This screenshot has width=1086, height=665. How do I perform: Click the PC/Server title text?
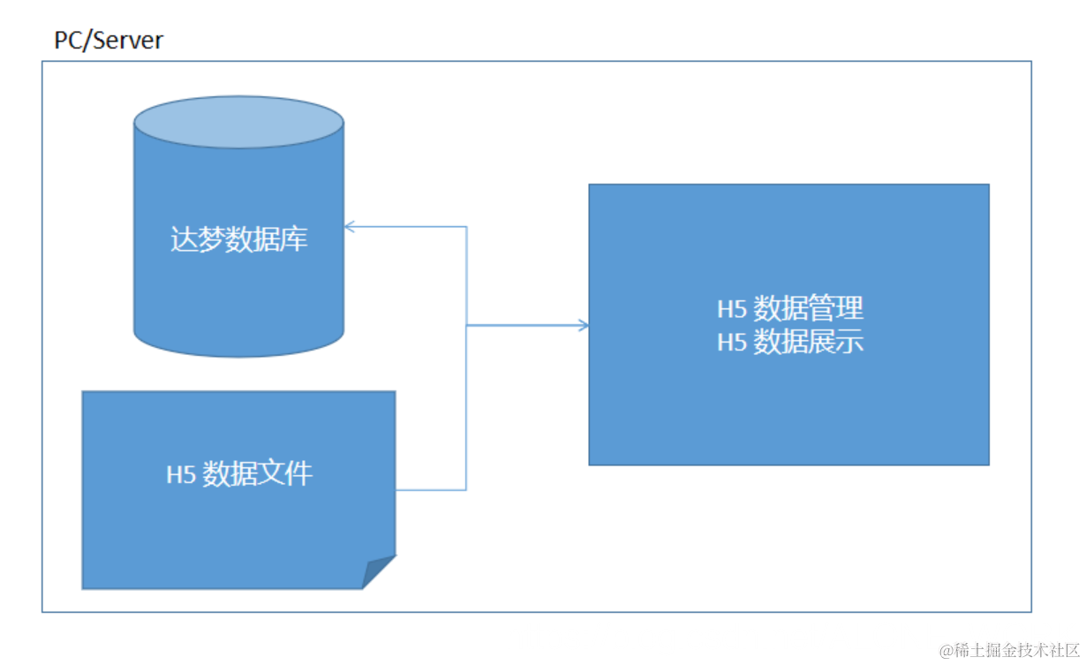109,41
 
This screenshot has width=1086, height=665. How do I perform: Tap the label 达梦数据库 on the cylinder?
238,239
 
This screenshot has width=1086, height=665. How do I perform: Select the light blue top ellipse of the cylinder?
238,122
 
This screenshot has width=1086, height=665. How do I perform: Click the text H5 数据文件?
239,474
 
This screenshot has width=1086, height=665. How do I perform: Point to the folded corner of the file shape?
381,571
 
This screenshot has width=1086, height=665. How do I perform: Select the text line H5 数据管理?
789,309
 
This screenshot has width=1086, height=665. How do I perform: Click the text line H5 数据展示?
789,342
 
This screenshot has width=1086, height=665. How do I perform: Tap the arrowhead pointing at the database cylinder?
349,227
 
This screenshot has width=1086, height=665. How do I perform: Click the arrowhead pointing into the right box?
583,326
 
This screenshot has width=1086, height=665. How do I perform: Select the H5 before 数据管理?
732,310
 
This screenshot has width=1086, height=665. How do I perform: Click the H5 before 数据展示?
732,343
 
